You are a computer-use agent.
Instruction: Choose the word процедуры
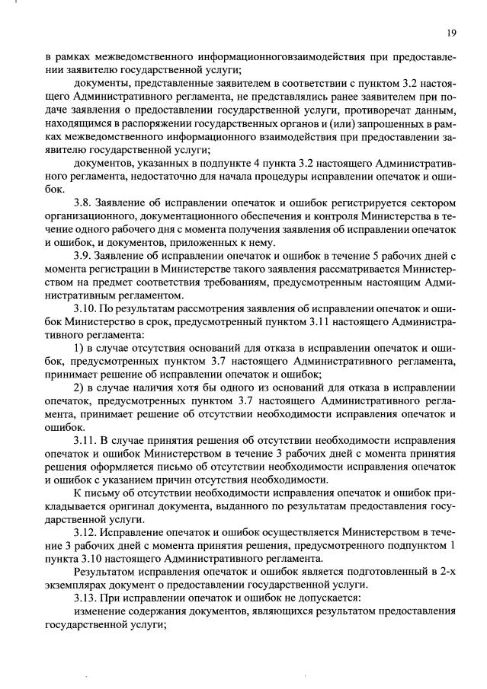click(x=288, y=177)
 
